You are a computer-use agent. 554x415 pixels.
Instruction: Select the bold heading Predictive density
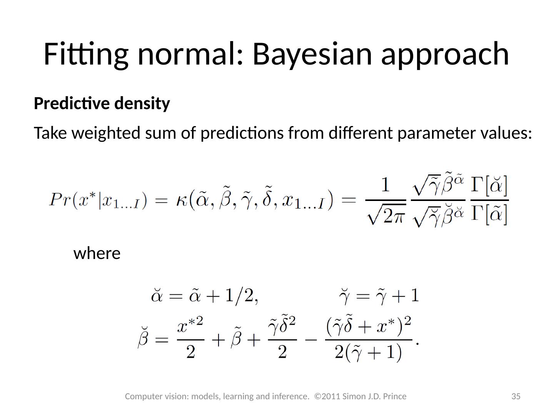102,103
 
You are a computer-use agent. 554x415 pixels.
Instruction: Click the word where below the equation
97,254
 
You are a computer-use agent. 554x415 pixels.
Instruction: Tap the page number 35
516,396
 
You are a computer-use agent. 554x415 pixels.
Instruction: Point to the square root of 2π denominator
385,217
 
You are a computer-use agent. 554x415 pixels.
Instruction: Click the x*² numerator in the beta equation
190,327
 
